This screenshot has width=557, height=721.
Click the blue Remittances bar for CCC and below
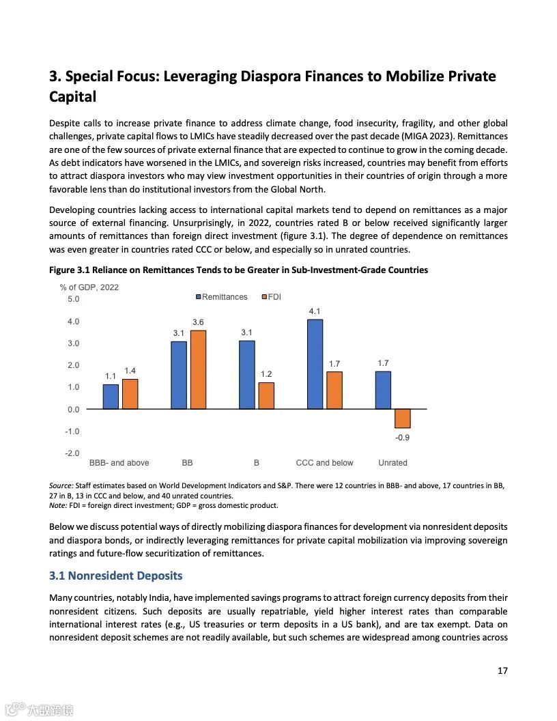pos(315,364)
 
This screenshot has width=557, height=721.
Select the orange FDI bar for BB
pos(198,369)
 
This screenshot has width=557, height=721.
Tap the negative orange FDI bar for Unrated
pos(403,419)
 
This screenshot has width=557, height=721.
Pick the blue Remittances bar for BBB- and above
pos(111,397)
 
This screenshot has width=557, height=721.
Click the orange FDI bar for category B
pos(266,395)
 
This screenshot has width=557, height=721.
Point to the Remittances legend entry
pos(222,297)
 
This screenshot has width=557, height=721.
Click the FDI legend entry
pos(271,297)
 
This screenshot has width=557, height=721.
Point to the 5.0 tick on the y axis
pos(73,299)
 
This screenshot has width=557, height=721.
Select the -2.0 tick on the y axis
pos(72,453)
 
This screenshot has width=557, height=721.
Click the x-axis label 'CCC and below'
pos(324,463)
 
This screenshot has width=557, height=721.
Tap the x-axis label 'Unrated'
pos(392,463)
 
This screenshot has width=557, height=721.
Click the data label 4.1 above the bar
pos(315,311)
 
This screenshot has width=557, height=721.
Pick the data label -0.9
pos(403,438)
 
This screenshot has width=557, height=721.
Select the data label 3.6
pos(198,322)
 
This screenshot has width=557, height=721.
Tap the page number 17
pos(502,670)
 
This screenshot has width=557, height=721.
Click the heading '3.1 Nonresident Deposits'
pos(115,576)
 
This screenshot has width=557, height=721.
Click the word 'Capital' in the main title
pos(72,97)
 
